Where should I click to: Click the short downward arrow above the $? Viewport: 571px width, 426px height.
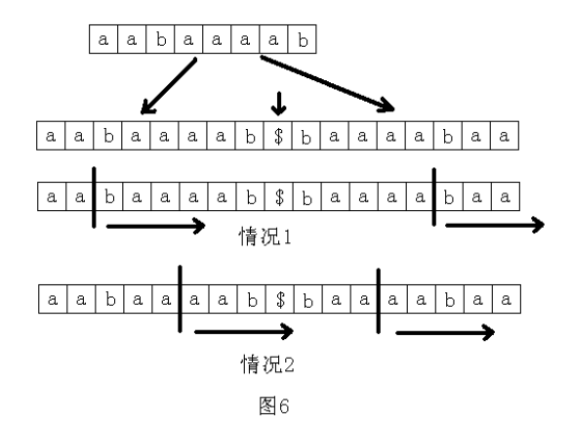279,102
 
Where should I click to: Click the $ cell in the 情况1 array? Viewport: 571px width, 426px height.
279,196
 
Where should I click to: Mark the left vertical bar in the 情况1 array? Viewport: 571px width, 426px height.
94,196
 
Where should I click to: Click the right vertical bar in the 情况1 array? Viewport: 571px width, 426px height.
434,196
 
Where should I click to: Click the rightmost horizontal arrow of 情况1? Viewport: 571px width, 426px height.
494,226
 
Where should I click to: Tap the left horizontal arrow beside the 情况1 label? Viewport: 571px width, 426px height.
155,226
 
